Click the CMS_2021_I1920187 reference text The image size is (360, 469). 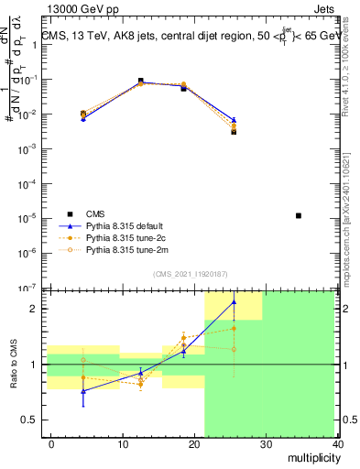191,274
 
